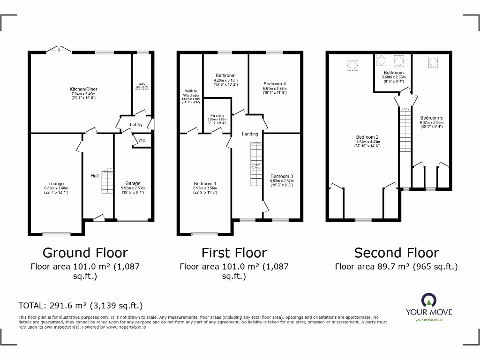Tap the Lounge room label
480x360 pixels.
(x=56, y=184)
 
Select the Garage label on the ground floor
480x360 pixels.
(x=133, y=183)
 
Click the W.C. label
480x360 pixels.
(x=141, y=140)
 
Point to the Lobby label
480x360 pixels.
(x=136, y=125)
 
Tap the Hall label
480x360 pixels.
(x=94, y=176)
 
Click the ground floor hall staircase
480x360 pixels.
(x=107, y=181)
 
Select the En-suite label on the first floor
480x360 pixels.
(x=217, y=115)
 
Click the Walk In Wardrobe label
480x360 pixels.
(x=191, y=93)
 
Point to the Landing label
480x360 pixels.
(x=250, y=134)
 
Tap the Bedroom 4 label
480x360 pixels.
(x=275, y=84)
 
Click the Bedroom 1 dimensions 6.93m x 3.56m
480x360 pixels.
(x=205, y=188)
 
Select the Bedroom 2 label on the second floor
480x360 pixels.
(x=367, y=137)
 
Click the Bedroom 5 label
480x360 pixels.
(x=431, y=118)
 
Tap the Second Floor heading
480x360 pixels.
(x=396, y=253)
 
